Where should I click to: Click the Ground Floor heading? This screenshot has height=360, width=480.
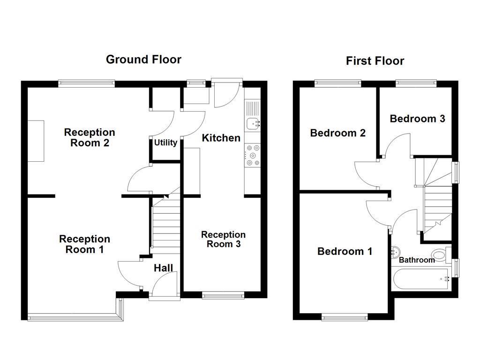[143, 60]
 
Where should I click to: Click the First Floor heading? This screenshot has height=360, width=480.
[375, 61]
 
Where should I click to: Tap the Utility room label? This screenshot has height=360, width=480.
[165, 142]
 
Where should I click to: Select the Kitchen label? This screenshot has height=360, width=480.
[221, 138]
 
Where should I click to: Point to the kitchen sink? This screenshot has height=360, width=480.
[253, 124]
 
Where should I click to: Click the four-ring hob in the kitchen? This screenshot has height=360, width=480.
[253, 156]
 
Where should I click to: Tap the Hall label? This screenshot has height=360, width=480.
[163, 268]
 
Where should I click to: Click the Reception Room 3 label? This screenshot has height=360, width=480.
[224, 240]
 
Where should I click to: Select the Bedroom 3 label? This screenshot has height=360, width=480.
[417, 119]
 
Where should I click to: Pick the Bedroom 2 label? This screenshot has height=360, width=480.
[337, 133]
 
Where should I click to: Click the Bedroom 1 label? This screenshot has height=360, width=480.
[345, 251]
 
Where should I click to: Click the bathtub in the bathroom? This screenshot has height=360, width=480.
[421, 278]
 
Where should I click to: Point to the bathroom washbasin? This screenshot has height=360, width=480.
[395, 252]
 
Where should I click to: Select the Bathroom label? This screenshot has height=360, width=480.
[417, 260]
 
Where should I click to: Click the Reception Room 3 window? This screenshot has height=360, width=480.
[223, 295]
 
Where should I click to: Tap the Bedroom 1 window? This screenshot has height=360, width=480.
[345, 317]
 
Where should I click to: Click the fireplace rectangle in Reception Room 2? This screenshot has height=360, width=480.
[36, 141]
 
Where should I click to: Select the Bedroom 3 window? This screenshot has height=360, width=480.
[416, 83]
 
